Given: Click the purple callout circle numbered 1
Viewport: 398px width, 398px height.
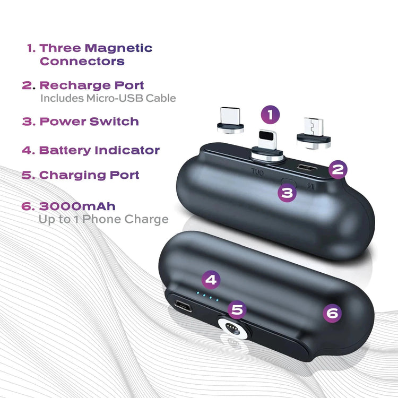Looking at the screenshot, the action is pyautogui.click(x=270, y=115).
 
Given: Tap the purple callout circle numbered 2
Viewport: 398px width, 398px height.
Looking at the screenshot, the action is pyautogui.click(x=338, y=170).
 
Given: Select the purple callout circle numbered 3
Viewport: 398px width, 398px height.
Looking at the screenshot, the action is pyautogui.click(x=287, y=193).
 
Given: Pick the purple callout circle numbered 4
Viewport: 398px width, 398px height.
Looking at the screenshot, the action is pyautogui.click(x=211, y=280).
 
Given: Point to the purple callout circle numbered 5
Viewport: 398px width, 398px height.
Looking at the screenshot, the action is pyautogui.click(x=237, y=310).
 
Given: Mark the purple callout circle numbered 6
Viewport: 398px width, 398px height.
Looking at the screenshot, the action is pyautogui.click(x=332, y=313).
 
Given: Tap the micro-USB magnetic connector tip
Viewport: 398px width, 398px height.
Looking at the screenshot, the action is pyautogui.click(x=314, y=133).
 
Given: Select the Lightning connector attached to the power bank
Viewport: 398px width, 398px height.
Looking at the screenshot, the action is pyautogui.click(x=267, y=146).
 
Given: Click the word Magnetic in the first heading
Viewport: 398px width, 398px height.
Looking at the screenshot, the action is pyautogui.click(x=118, y=48).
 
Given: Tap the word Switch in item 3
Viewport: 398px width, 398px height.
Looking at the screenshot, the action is pyautogui.click(x=114, y=122).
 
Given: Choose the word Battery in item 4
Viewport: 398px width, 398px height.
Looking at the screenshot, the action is pyautogui.click(x=65, y=150).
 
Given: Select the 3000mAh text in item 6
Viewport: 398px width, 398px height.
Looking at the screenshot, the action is pyautogui.click(x=77, y=206).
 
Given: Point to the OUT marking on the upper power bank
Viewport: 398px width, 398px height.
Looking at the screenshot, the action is pyautogui.click(x=257, y=172).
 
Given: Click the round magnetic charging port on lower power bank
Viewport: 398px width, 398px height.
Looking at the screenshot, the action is pyautogui.click(x=233, y=328).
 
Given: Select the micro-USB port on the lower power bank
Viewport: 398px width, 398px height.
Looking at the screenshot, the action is pyautogui.click(x=183, y=306).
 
